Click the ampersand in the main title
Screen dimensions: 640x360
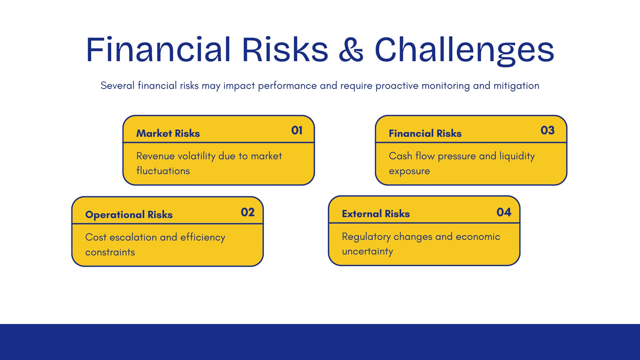(351, 50)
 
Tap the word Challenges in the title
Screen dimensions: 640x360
(464, 50)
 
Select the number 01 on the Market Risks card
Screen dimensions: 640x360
(297, 130)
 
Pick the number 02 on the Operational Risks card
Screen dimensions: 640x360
(248, 212)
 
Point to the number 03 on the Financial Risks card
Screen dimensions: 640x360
(548, 130)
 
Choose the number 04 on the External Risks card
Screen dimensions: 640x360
(504, 212)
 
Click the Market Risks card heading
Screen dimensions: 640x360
(168, 134)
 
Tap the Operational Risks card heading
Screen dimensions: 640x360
(129, 214)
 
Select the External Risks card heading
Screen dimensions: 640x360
(376, 214)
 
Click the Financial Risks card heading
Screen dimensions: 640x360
(425, 134)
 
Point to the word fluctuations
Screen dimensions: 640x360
(163, 171)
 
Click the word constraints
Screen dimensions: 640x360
(110, 252)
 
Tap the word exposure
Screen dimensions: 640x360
(409, 171)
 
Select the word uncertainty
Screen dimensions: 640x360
(368, 252)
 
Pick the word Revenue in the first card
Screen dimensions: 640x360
(156, 156)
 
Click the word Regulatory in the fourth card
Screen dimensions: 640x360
(366, 237)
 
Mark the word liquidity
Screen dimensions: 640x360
(517, 156)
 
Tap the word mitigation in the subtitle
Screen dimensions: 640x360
(516, 86)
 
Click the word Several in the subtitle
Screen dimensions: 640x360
(118, 86)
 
